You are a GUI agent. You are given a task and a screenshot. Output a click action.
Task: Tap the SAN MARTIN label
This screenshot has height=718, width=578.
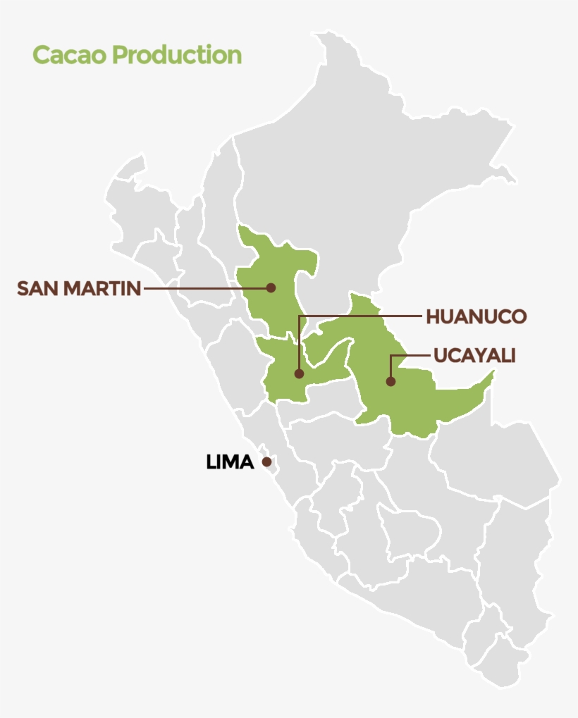[x=79, y=288]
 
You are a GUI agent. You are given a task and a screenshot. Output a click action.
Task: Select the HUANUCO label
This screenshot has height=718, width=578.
[x=476, y=317]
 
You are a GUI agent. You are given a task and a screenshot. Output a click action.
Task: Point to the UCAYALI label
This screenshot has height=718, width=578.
[x=474, y=356]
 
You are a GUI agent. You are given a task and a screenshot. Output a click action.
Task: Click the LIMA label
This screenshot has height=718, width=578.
[x=230, y=462]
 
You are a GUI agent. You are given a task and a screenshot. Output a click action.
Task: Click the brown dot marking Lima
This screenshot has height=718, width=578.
[x=266, y=462]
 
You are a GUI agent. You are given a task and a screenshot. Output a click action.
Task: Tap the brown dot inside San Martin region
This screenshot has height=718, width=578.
[x=271, y=287]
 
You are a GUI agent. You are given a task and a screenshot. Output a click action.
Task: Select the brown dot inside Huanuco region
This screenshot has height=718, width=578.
[x=299, y=373]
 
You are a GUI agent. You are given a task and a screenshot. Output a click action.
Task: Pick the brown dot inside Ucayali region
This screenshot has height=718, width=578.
[x=391, y=381]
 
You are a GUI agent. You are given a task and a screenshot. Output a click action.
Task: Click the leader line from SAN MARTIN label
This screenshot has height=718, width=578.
[x=204, y=288]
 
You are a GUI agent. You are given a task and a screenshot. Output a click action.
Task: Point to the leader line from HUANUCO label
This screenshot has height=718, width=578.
[x=359, y=316]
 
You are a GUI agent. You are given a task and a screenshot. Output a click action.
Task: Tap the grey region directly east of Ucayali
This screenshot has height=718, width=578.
[x=493, y=458]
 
